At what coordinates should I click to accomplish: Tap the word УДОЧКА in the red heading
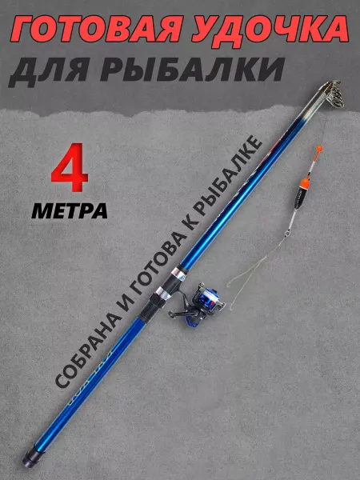[x=270, y=30]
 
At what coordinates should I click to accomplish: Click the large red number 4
[x=70, y=167]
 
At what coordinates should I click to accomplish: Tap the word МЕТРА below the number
[x=70, y=210]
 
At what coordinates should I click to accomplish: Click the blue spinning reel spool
[x=207, y=298]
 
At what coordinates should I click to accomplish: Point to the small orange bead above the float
[x=318, y=149]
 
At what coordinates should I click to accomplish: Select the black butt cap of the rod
[x=30, y=458]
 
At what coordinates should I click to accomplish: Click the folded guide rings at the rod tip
[x=332, y=94]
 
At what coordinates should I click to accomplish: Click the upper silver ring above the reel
[x=178, y=273]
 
